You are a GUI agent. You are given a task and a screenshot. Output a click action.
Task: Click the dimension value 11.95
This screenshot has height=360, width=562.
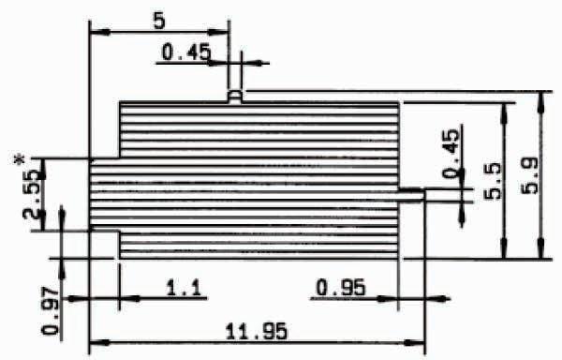point(257,331)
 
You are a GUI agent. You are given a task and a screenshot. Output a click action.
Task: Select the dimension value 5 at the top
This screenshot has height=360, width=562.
point(159,22)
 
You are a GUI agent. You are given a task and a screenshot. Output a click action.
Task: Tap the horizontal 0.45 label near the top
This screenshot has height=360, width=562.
point(186,52)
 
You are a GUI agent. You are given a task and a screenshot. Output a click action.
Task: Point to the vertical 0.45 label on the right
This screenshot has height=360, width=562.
point(451,154)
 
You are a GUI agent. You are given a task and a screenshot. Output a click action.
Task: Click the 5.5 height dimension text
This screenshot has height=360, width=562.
point(493,181)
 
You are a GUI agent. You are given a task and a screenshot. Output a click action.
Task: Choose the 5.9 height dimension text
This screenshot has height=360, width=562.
point(530,176)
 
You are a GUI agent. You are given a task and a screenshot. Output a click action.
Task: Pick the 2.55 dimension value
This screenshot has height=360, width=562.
point(31,194)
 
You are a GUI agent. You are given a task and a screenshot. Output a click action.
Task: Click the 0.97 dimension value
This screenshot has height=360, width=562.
point(51,310)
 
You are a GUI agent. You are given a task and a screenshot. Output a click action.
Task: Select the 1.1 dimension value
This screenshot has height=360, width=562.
point(185,288)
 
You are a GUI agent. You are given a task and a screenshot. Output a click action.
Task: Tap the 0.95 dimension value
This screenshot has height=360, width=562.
point(341,288)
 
